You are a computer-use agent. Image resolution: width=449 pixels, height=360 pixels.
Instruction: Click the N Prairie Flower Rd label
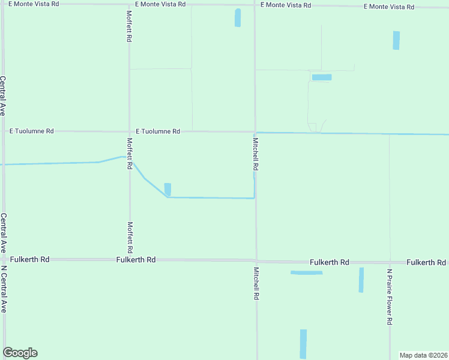(389, 296)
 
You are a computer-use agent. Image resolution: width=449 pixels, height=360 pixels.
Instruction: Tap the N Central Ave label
(4, 289)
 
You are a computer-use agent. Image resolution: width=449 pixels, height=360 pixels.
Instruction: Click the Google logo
(20, 353)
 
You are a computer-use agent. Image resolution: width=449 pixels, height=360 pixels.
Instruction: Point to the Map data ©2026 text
(423, 355)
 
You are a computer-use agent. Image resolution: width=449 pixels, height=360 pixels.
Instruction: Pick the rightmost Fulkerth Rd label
(426, 263)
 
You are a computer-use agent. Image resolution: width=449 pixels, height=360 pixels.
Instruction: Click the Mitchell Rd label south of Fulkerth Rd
(256, 283)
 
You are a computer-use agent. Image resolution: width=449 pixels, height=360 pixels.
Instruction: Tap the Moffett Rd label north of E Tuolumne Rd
(129, 26)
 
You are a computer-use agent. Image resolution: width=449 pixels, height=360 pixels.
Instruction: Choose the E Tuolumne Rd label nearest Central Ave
(32, 131)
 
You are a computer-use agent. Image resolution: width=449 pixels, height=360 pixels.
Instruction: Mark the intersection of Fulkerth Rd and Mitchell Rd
(256, 261)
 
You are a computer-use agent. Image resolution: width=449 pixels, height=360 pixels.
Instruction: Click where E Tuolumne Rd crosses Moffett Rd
(129, 131)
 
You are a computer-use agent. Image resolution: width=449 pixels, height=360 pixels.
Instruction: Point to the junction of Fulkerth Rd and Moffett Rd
(129, 260)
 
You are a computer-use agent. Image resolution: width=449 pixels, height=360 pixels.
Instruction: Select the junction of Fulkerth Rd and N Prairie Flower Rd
(390, 262)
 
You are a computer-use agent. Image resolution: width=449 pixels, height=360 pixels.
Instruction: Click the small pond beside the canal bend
(167, 189)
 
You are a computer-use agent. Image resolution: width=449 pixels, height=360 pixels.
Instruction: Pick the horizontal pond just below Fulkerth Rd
(306, 273)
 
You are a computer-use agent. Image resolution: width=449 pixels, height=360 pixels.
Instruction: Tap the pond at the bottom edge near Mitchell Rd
(303, 344)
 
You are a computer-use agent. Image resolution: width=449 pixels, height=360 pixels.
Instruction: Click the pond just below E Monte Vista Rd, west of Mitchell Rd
(237, 18)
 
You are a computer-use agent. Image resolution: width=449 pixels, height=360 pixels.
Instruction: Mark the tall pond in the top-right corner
(396, 40)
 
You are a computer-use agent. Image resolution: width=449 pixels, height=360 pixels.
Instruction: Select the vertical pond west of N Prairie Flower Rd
(361, 280)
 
